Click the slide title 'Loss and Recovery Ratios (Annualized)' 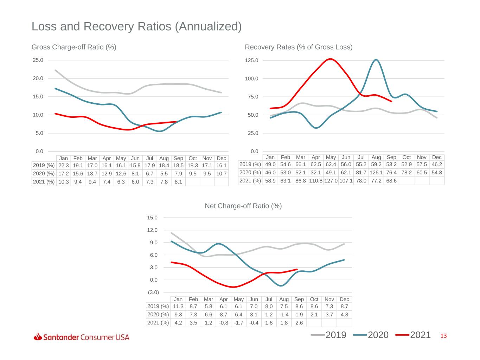[x=137, y=26]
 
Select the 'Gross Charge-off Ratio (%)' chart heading [x=74, y=47]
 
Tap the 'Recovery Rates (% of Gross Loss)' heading [x=299, y=47]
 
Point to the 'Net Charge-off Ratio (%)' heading [x=243, y=206]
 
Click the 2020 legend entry [x=371, y=335]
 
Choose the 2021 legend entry [x=413, y=335]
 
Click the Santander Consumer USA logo [x=81, y=337]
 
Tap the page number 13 [x=443, y=336]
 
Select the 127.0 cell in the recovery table [x=331, y=181]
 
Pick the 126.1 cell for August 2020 [x=376, y=173]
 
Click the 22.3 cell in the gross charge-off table [x=63, y=166]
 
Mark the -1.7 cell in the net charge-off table [x=238, y=323]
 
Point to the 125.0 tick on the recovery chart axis [x=251, y=60]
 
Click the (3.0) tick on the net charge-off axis [x=153, y=292]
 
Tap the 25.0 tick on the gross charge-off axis [x=38, y=60]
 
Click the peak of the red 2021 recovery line [x=330, y=59]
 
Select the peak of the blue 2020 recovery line [x=376, y=60]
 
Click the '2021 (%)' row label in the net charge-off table [x=158, y=323]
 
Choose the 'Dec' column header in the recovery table [x=437, y=157]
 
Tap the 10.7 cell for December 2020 [x=221, y=174]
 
